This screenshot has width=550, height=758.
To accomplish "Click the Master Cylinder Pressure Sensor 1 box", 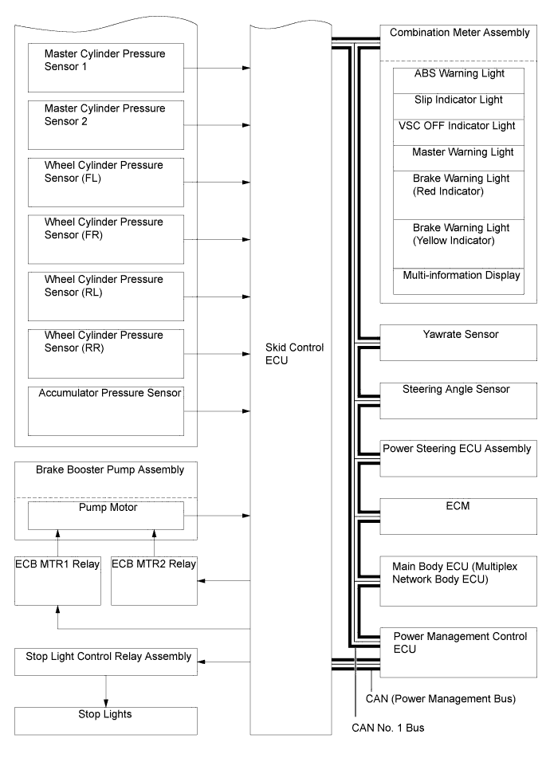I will pos(105,67).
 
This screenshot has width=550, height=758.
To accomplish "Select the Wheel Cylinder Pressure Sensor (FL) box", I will pos(105,182).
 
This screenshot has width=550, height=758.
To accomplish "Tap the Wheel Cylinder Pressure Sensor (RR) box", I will pos(105,352).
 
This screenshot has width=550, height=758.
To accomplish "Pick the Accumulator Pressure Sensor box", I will pos(105,409).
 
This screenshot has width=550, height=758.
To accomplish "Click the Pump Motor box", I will pos(105,514).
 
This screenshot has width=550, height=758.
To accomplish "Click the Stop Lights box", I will pos(105,720).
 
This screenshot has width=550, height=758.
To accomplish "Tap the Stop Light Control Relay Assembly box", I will pos(105,662).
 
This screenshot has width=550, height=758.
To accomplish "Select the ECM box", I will pos(458,514).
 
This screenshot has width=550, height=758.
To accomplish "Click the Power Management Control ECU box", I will pos(458,651).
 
